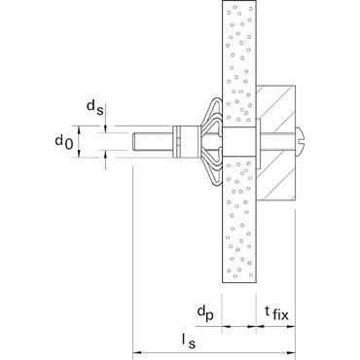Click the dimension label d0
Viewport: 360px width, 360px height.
(x=63, y=142)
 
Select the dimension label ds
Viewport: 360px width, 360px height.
(x=95, y=108)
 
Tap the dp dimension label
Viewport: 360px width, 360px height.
(x=205, y=313)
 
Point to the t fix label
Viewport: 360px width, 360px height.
(x=276, y=312)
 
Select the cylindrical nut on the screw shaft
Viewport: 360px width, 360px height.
(x=186, y=142)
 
